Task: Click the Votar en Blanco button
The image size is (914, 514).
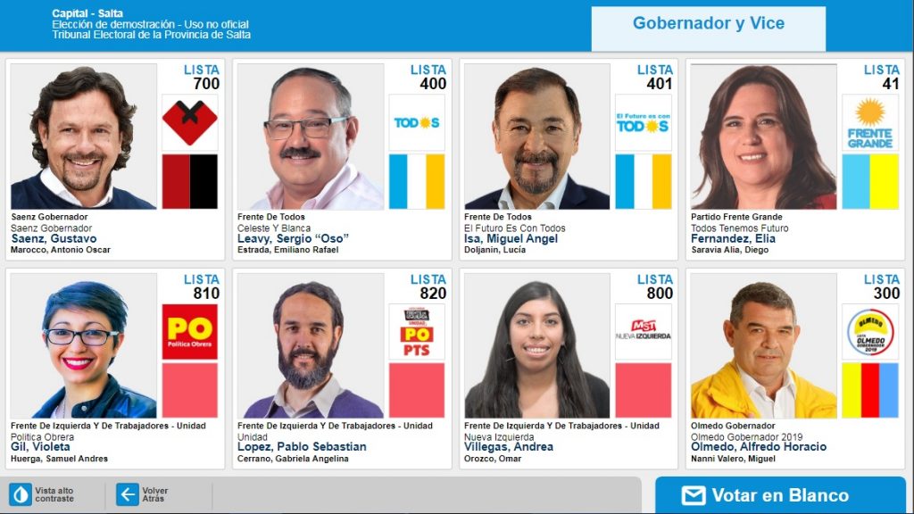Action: click(x=780, y=495)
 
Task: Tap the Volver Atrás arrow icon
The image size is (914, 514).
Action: click(x=128, y=494)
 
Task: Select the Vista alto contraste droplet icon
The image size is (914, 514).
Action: click(x=21, y=494)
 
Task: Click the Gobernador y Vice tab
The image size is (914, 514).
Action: click(x=708, y=24)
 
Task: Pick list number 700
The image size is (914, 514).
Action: click(x=205, y=84)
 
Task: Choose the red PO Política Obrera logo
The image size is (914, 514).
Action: click(x=189, y=332)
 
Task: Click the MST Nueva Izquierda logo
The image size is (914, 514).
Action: click(x=643, y=332)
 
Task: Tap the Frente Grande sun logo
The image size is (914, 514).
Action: click(x=869, y=122)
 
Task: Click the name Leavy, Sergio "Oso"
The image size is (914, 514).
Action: click(x=293, y=239)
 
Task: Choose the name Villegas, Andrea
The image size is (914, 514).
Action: click(x=509, y=447)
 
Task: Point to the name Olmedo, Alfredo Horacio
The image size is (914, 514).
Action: click(x=759, y=447)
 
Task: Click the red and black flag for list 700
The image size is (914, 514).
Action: click(x=189, y=181)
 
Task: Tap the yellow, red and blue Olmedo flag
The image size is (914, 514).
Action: click(x=869, y=390)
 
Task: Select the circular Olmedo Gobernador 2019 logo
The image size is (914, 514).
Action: click(x=869, y=332)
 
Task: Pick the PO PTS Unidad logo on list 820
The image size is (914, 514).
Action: click(x=416, y=332)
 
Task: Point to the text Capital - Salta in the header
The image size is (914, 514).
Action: click(x=87, y=13)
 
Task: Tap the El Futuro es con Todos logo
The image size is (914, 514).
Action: click(x=643, y=122)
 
